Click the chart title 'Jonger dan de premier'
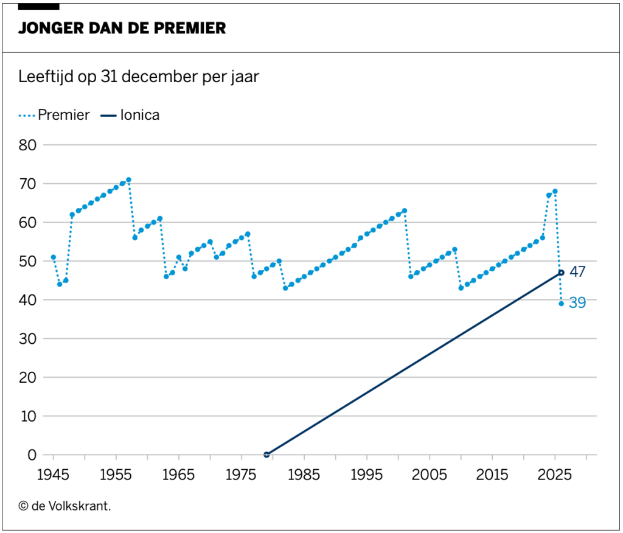pyautogui.click(x=122, y=28)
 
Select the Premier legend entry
pyautogui.click(x=55, y=115)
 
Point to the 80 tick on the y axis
pyautogui.click(x=27, y=145)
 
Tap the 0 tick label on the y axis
pyautogui.click(x=32, y=455)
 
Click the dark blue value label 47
pyautogui.click(x=577, y=272)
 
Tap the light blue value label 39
pyautogui.click(x=577, y=303)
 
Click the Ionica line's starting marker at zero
pyautogui.click(x=266, y=455)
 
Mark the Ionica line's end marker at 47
pyautogui.click(x=561, y=273)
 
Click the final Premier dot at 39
pyautogui.click(x=561, y=304)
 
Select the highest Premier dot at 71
pyautogui.click(x=128, y=180)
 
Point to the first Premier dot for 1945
pyautogui.click(x=54, y=257)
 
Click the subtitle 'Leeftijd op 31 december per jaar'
pyautogui.click(x=139, y=77)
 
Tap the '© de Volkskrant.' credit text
pyautogui.click(x=64, y=504)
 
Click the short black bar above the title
pyautogui.click(x=39, y=6)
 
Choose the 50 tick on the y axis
pyautogui.click(x=27, y=262)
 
